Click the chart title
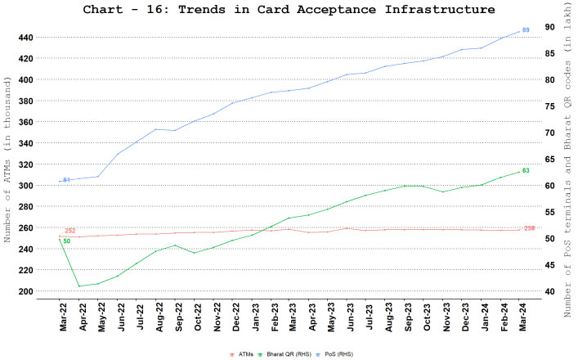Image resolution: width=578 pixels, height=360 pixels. click(x=289, y=10)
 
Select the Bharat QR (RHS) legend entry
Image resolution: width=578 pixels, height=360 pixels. click(x=283, y=353)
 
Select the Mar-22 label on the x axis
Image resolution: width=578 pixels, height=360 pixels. click(x=63, y=315)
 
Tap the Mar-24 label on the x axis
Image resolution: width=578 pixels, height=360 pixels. click(x=520, y=315)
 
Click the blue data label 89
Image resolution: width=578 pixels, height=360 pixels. click(x=526, y=29)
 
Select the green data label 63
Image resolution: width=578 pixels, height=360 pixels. click(x=526, y=171)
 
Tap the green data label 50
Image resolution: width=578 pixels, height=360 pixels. click(x=66, y=241)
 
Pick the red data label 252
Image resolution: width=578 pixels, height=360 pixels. click(x=70, y=232)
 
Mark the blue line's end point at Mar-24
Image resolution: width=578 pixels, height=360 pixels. click(x=519, y=32)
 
